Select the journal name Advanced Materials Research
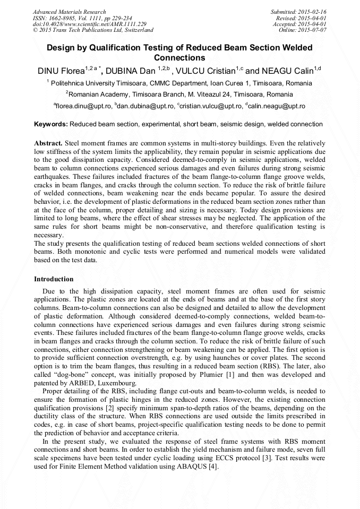tap(69, 12)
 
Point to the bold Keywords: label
tap(51, 124)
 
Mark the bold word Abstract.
tap(48, 144)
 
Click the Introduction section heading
tap(54, 279)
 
